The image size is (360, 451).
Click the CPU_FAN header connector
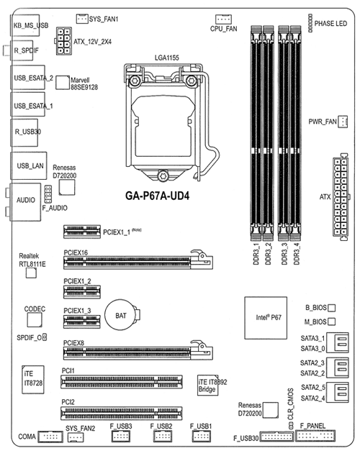(x=223, y=19)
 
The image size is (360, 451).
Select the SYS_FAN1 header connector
(x=82, y=19)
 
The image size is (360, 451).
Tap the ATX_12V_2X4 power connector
(x=63, y=41)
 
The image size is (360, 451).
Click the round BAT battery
(x=121, y=315)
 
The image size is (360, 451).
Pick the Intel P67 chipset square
(x=266, y=318)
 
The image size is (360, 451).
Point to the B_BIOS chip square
(x=332, y=308)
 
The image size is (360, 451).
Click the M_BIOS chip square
(x=332, y=322)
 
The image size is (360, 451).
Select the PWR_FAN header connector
(x=343, y=122)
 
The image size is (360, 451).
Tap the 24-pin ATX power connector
(x=341, y=197)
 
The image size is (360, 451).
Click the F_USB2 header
(x=163, y=437)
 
